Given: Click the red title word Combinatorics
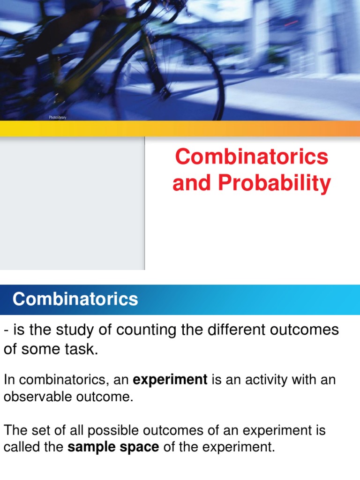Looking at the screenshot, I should [x=252, y=157].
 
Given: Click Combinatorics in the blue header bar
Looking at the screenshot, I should [x=75, y=299].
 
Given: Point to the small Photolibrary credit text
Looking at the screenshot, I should [x=58, y=117].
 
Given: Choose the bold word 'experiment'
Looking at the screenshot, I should [x=170, y=380].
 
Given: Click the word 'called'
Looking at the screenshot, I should [x=18, y=447].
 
